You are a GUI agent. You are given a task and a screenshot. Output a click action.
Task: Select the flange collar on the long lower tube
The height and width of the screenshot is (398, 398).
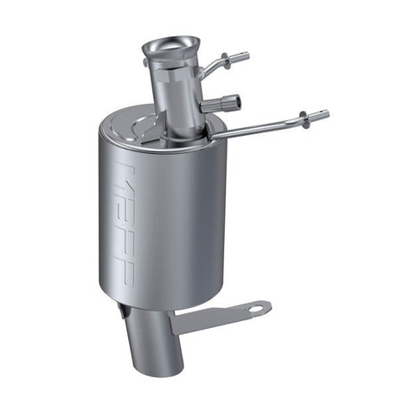[304, 119]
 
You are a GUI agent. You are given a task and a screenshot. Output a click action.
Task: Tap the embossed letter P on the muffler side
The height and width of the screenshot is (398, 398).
[126, 268]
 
